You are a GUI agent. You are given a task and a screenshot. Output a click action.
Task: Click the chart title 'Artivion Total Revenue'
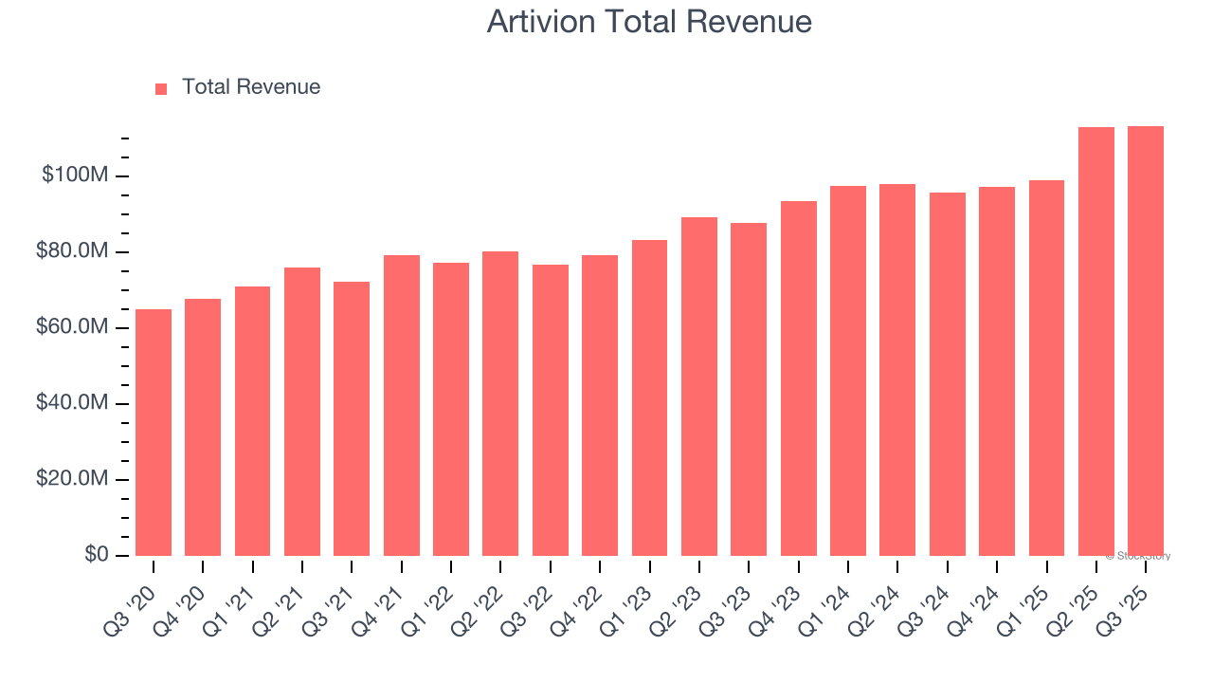pos(649,21)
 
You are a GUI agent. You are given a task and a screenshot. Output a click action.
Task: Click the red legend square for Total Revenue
pos(161,88)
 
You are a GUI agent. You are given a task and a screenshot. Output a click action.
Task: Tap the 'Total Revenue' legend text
pos(251,87)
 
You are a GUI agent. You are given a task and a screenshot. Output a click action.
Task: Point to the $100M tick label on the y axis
pos(76,175)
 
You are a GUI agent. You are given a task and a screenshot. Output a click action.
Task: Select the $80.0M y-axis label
pos(72,251)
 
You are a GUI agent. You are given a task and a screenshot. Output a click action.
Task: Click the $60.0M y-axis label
pos(72,327)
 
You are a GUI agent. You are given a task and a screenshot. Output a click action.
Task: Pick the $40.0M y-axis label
pos(72,403)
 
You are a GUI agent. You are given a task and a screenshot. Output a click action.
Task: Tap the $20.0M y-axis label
pos(72,479)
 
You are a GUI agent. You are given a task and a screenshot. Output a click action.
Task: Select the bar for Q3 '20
pos(154,433)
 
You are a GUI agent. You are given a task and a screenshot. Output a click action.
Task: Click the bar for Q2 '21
pos(302,412)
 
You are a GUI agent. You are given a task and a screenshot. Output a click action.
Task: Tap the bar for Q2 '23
pos(699,386)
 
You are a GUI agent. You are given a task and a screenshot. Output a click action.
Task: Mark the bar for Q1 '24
pos(848,371)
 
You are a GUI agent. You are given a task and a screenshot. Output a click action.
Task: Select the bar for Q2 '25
pos(1096,341)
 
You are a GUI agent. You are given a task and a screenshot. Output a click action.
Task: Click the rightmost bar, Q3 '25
pos(1146,341)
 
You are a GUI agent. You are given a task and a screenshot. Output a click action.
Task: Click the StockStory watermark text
pos(1138,556)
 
